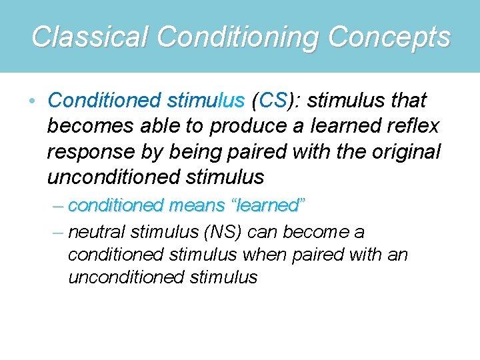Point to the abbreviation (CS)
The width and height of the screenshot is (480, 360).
pyautogui.click(x=272, y=101)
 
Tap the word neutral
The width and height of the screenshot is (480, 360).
pyautogui.click(x=97, y=232)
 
